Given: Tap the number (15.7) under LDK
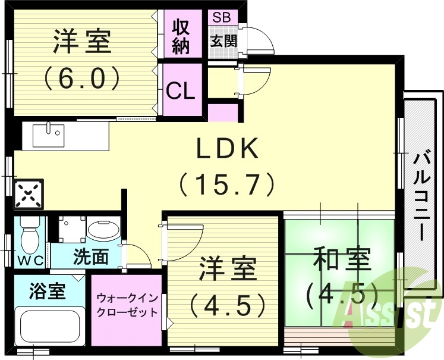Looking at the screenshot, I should pos(228,184).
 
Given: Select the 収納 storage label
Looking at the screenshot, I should pos(181,37).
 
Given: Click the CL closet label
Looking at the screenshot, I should pos(181,92).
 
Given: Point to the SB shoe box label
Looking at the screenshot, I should pos(223,17).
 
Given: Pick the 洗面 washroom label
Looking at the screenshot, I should pos(91,256).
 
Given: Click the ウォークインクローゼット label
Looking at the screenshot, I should pos(127,303).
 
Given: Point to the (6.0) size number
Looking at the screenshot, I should pos(83,77).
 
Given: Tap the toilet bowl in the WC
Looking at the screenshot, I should pos(29,236).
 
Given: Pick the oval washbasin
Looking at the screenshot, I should pos(103,230).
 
